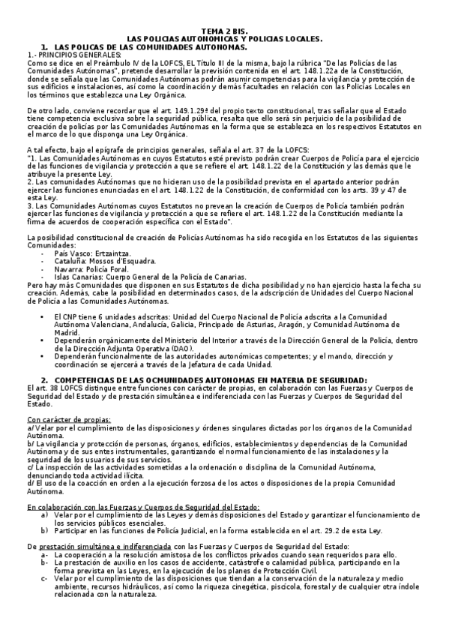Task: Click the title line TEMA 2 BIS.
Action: click(x=224, y=32)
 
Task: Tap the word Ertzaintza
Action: click(x=118, y=254)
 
